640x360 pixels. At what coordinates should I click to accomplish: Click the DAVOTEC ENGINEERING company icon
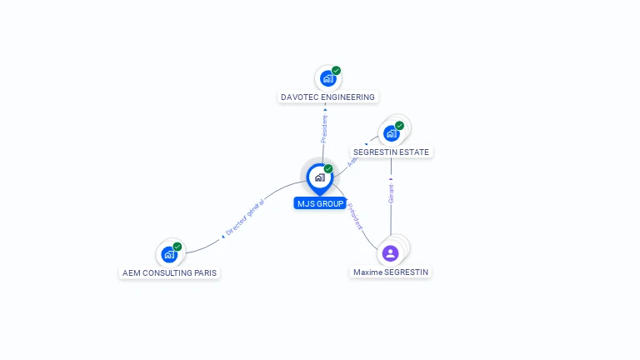[x=328, y=78]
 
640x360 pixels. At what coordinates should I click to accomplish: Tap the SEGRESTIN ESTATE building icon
[x=391, y=133]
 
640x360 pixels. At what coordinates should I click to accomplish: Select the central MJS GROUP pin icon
[x=319, y=177]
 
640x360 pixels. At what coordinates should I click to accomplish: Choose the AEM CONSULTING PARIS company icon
[x=169, y=254]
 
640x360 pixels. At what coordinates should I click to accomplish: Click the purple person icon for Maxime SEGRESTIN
[x=390, y=252]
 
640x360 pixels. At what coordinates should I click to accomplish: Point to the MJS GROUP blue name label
[x=320, y=203]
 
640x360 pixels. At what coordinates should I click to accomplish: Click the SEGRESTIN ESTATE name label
[x=391, y=152]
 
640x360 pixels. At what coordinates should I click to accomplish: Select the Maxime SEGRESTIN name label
[x=391, y=272]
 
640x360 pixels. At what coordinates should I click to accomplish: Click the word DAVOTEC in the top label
[x=298, y=97]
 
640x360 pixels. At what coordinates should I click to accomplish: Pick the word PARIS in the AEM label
[x=205, y=273]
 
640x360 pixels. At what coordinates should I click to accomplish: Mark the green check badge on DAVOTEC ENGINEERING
[x=336, y=71]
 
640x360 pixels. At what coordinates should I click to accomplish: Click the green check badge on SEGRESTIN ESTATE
[x=399, y=126]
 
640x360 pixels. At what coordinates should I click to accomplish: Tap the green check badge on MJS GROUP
[x=328, y=169]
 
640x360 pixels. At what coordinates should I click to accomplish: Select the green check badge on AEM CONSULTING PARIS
[x=177, y=247]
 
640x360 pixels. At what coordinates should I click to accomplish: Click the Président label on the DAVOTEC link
[x=325, y=128]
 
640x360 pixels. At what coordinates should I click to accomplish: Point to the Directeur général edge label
[x=244, y=218]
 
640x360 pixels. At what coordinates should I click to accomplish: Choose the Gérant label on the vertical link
[x=391, y=193]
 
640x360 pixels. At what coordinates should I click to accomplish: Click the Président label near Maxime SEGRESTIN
[x=355, y=216]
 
